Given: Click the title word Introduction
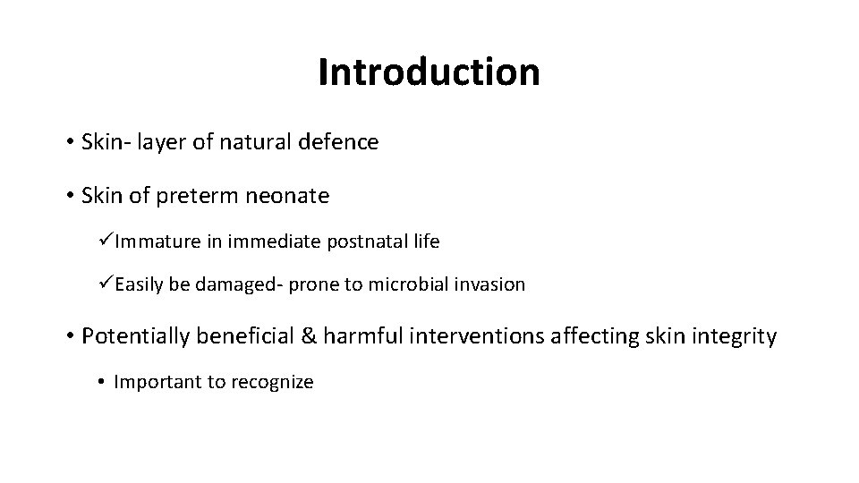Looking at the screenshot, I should (x=429, y=72).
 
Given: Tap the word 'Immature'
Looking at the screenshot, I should (x=150, y=241).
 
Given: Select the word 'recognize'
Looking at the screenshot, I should (x=273, y=383).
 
